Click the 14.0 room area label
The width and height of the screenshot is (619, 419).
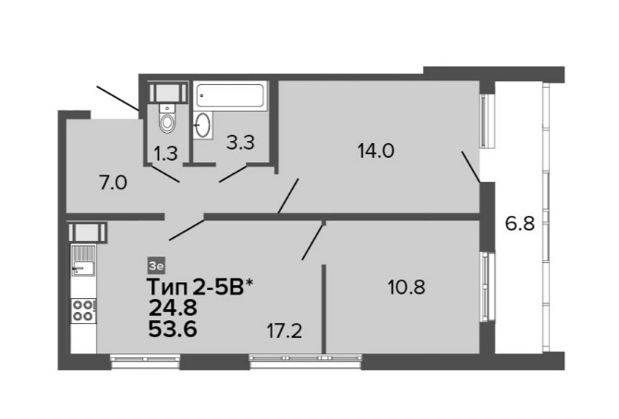click(376, 150)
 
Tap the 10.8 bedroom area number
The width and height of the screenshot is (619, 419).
click(407, 287)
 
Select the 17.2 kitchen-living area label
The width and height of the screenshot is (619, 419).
click(285, 330)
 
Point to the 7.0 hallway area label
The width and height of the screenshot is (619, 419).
click(113, 183)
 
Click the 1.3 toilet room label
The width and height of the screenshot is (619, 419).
click(165, 153)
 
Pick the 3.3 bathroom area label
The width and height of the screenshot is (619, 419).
click(240, 142)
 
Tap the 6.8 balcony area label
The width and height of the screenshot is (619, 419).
click(520, 223)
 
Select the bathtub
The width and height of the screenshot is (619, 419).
click(230, 95)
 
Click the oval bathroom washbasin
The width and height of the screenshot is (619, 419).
click(202, 125)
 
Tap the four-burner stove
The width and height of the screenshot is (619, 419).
click(83, 310)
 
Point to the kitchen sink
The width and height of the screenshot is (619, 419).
click(83, 260)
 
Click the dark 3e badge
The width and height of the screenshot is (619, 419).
click(156, 266)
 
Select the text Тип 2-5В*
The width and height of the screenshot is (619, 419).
click(200, 287)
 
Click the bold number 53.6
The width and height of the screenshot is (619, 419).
click(173, 329)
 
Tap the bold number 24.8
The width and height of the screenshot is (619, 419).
click(173, 307)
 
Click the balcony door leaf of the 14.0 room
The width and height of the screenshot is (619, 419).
click(471, 167)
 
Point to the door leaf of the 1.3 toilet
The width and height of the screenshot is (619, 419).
click(165, 174)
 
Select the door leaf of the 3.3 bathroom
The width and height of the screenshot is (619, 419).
click(233, 174)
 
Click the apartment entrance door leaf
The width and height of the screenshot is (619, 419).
click(117, 98)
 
